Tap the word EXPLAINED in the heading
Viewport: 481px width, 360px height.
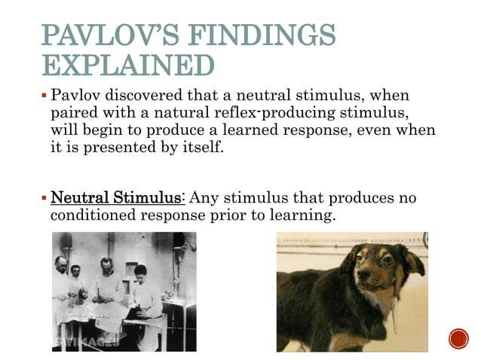(127, 66)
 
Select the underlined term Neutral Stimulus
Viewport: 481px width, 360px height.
(116, 198)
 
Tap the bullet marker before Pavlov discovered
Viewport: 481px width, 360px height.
(44, 97)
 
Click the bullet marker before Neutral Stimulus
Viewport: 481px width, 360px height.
(44, 199)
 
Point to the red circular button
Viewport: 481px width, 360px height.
(458, 339)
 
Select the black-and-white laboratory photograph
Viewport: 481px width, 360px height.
(124, 291)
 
